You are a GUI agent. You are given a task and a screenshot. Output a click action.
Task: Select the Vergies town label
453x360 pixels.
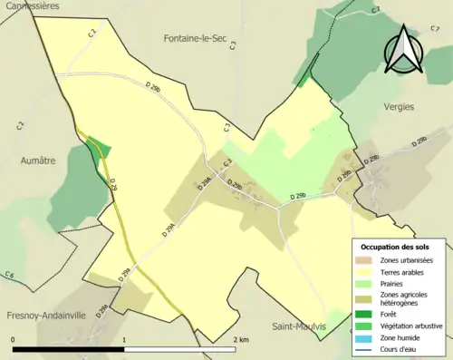pos(399,106)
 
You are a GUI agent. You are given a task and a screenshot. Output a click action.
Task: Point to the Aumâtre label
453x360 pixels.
pos(37,160)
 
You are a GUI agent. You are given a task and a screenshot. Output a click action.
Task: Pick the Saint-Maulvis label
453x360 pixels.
pos(298,326)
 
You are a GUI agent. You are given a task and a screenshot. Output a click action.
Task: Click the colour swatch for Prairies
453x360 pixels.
pos(366,282)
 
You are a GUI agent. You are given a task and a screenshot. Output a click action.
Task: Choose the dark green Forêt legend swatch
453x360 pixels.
pos(366,315)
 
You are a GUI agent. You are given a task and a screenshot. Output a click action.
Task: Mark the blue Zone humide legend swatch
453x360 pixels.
pos(366,338)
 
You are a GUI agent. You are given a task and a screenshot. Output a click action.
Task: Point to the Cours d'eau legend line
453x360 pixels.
pos(366,350)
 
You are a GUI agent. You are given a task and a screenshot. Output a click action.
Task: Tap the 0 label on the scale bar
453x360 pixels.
pos(14,340)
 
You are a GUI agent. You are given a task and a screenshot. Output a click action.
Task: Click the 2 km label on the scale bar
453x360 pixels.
pos(240,340)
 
